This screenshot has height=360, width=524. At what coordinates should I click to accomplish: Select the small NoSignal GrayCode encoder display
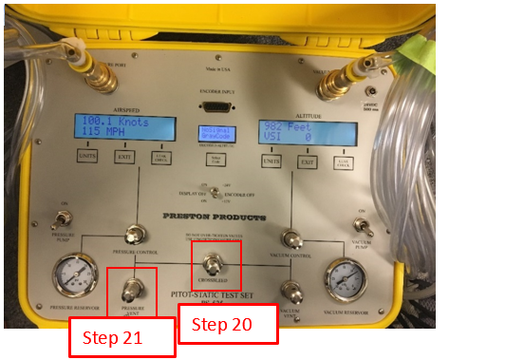[218, 132]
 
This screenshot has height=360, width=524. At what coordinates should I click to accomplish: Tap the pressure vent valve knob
[132, 284]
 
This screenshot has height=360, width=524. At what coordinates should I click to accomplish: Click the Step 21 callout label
[122, 338]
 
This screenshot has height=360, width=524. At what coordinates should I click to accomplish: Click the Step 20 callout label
[228, 325]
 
